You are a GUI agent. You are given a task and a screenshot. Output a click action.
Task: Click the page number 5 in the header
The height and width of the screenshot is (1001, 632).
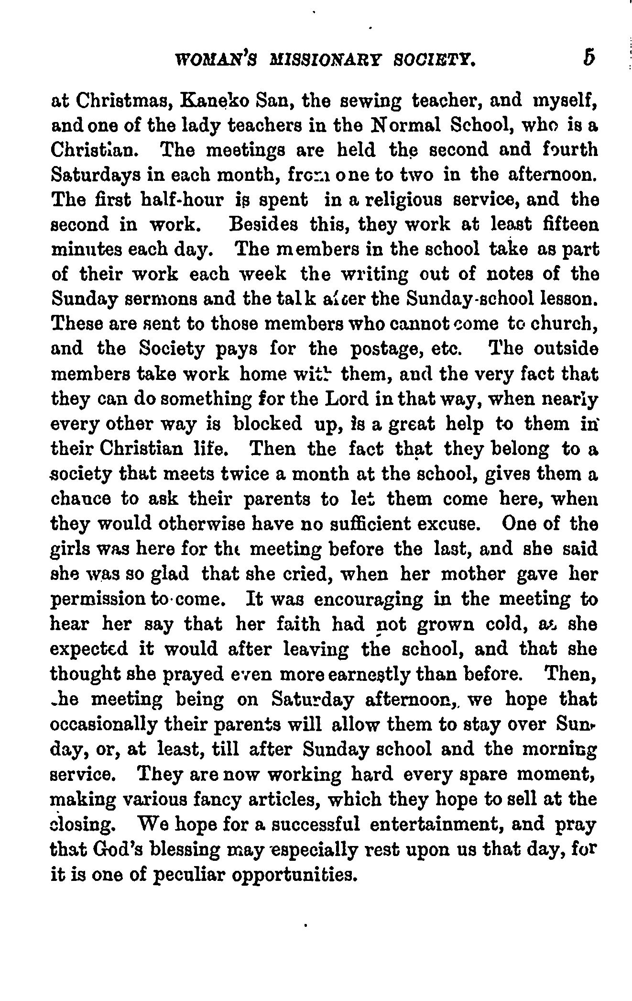tap(588, 58)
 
